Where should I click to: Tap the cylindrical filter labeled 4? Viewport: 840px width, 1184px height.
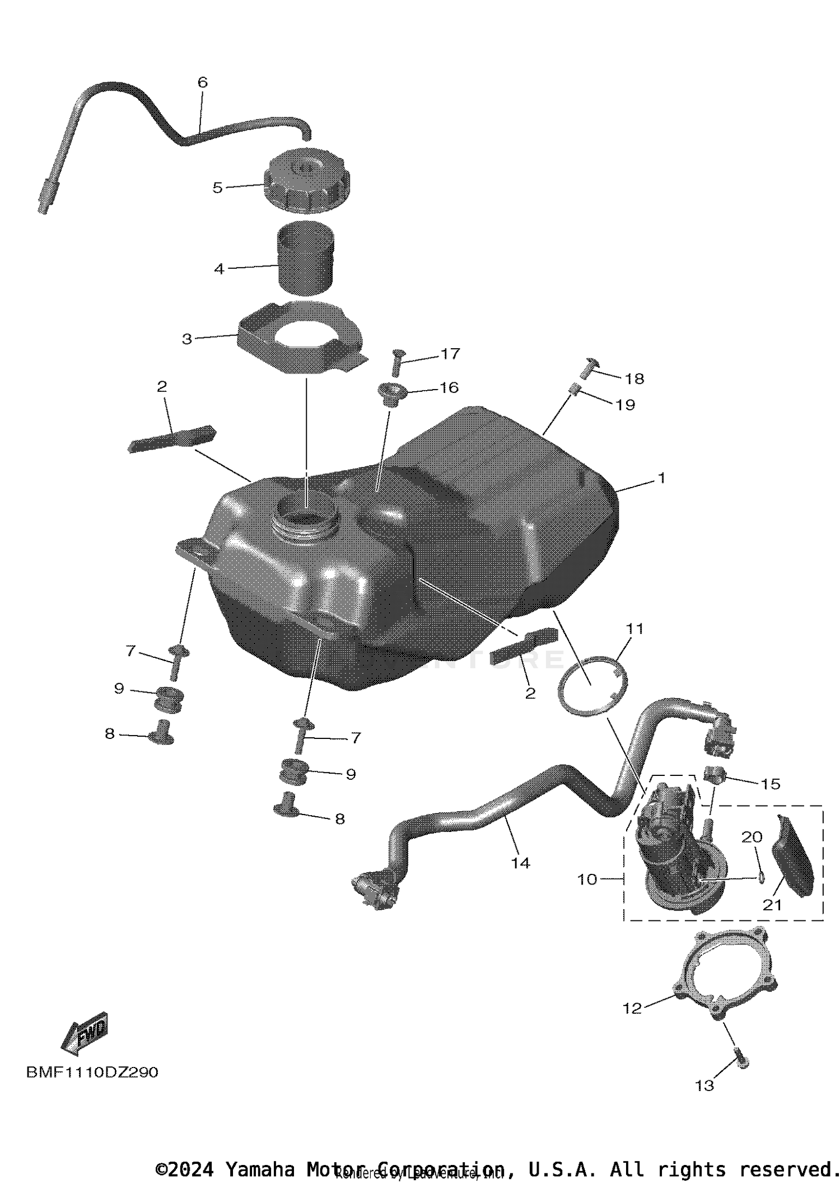(x=306, y=258)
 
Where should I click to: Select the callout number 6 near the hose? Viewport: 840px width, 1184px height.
(x=203, y=82)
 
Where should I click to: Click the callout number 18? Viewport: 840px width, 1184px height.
(x=634, y=379)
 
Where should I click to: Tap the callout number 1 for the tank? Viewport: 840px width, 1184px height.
(x=661, y=478)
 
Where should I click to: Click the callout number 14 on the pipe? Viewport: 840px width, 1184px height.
(x=520, y=863)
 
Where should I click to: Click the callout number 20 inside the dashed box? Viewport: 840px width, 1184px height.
(x=752, y=837)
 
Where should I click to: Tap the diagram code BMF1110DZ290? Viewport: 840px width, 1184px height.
(x=92, y=1072)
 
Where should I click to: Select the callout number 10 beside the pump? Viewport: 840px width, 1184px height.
(x=587, y=879)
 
